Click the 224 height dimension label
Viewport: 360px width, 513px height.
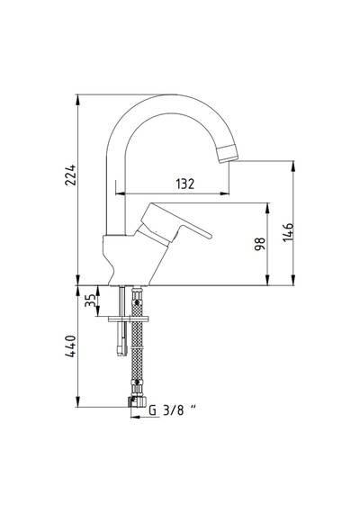click(x=70, y=175)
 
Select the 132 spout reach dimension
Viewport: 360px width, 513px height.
click(x=185, y=184)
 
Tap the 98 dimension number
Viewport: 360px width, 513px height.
click(x=260, y=244)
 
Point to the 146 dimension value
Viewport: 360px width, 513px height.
click(x=288, y=232)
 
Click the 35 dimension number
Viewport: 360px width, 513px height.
click(x=90, y=300)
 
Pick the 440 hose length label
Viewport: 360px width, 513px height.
click(x=71, y=346)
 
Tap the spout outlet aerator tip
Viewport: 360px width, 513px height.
click(x=227, y=153)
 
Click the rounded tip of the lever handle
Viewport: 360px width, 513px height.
click(x=209, y=235)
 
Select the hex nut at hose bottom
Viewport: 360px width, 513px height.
click(x=138, y=401)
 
